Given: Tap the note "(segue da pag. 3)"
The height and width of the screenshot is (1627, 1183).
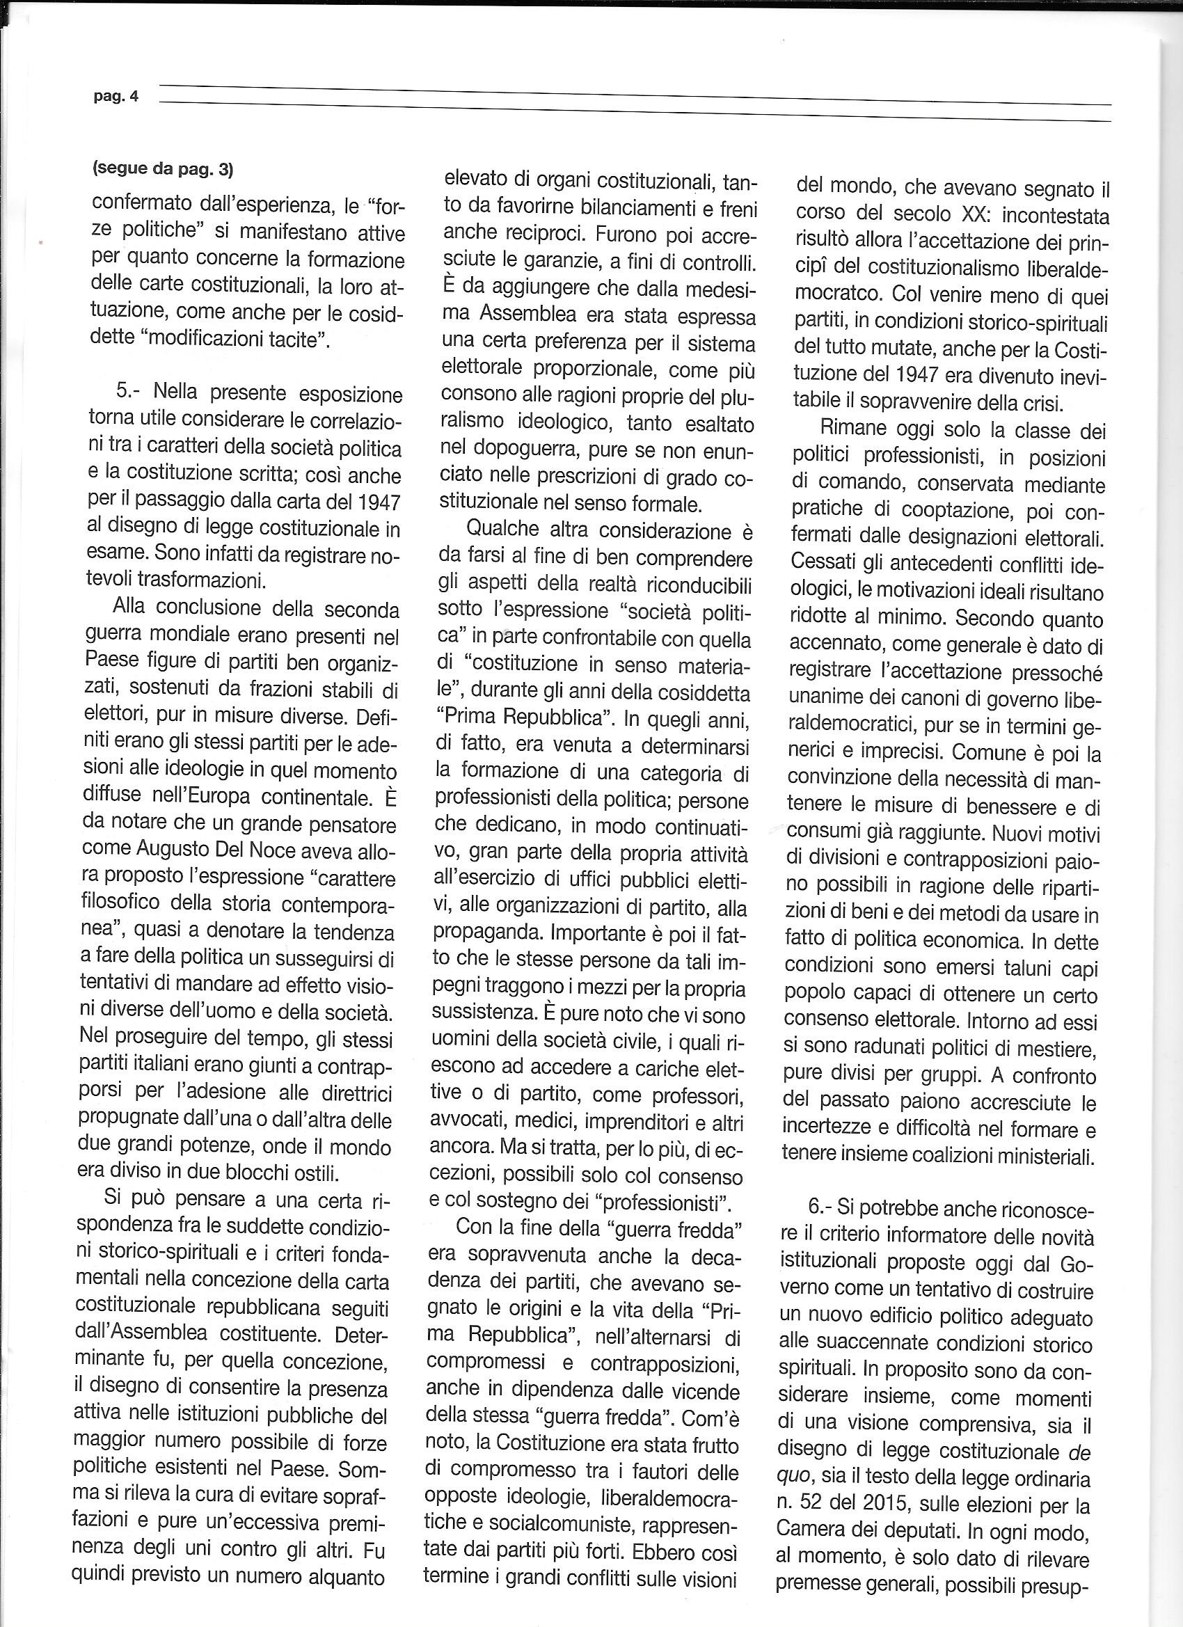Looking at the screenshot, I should pos(163,170).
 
